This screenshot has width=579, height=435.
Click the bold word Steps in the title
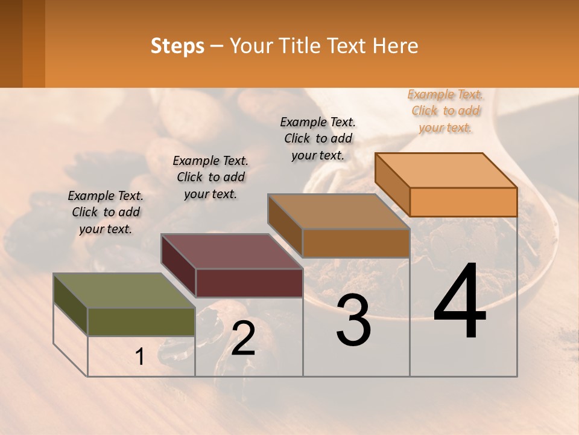point(177,46)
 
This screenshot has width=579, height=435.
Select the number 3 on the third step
point(353,321)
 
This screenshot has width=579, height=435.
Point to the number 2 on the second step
point(244,339)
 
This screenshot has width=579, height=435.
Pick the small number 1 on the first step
point(140,357)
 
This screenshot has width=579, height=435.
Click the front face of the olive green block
point(141,321)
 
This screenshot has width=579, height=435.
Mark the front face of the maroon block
point(248,283)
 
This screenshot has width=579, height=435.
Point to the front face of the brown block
point(356,243)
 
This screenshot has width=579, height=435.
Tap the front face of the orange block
point(463,202)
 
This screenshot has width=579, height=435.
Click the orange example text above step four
point(445,111)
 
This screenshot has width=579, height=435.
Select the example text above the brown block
point(318,138)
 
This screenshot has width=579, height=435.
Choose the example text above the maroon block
point(210,177)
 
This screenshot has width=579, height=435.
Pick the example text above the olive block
point(106,212)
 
